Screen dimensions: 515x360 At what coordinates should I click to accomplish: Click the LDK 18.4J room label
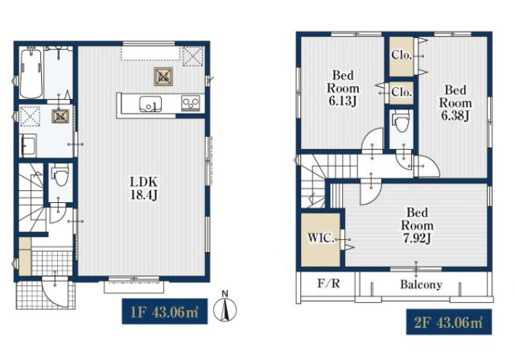[x=145, y=188]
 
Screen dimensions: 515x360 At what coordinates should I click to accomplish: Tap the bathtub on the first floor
[x=31, y=72]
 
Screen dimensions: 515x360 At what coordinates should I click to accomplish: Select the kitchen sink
[x=150, y=104]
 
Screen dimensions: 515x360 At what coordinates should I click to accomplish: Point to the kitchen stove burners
[x=191, y=102]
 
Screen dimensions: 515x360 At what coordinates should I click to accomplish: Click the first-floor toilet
[x=60, y=176]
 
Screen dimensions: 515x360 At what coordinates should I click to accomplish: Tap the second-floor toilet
[x=401, y=121]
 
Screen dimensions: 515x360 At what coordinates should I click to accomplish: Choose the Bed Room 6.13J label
[x=343, y=88]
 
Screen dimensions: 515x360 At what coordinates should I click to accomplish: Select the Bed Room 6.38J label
[x=455, y=102]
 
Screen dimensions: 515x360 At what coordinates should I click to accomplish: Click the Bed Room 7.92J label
[x=417, y=226]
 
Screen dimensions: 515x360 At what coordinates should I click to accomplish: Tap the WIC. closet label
[x=320, y=238]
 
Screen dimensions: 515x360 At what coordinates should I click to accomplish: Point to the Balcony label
[x=421, y=284]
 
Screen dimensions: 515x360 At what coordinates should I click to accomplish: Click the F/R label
[x=328, y=283]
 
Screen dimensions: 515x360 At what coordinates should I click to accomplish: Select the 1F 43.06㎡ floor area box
[x=164, y=312]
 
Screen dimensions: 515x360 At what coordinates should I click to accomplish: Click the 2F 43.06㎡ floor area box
[x=449, y=322]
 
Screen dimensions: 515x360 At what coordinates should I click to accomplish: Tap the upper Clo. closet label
[x=402, y=55]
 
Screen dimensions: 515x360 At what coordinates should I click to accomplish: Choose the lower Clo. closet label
[x=402, y=92]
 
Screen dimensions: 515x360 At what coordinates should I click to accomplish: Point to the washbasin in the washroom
[x=29, y=146]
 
